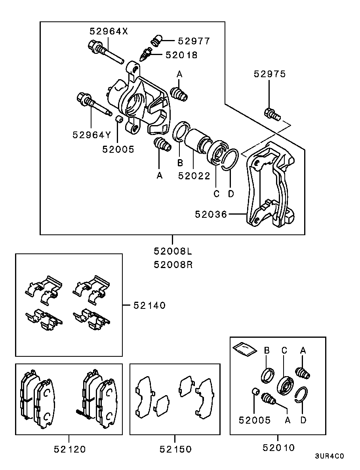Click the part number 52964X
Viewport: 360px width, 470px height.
coord(109,31)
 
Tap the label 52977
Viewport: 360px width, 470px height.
coord(194,41)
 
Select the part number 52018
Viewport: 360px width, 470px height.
coord(181,55)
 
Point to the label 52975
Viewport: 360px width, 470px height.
coord(270,74)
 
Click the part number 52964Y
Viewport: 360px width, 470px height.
coord(92,135)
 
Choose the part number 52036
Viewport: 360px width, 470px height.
coord(211,215)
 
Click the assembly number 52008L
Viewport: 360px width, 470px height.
coord(173,251)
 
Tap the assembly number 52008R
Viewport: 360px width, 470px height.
coord(173,264)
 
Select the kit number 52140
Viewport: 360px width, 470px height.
coord(149,305)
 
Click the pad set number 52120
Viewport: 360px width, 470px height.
coord(69,449)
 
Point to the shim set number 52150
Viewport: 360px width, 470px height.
coord(175,449)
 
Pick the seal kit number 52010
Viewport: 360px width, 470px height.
coord(278,448)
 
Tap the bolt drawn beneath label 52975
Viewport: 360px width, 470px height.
coord(272,115)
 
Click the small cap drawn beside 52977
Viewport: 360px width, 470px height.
coord(157,40)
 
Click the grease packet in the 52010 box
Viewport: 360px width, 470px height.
coord(244,348)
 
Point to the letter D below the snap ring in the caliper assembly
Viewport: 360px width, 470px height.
coord(231,194)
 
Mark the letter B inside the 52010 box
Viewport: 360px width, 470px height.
coord(267,350)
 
